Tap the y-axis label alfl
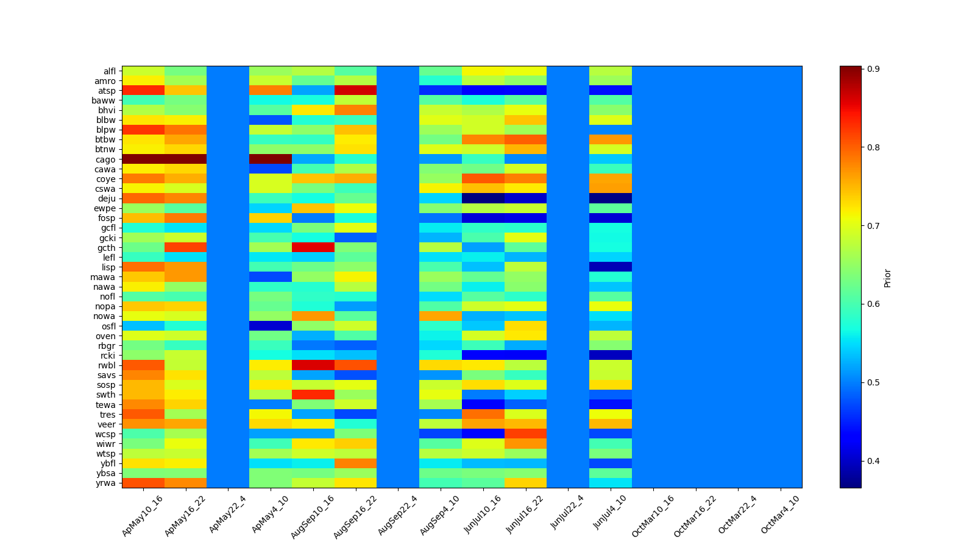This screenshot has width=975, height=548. tap(109, 71)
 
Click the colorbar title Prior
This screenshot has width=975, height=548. tap(887, 278)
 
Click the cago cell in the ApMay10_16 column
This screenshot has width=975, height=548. tap(143, 160)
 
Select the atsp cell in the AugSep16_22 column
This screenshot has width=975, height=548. tap(355, 91)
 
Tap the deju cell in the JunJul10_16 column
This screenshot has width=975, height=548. tap(483, 198)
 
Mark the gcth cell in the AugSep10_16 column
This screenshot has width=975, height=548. tap(313, 248)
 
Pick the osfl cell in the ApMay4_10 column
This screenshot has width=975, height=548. tap(271, 326)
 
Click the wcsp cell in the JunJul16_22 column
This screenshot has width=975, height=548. tap(525, 434)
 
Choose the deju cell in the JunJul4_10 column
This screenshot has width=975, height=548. tap(611, 198)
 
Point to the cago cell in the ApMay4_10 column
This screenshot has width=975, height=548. tap(271, 160)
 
